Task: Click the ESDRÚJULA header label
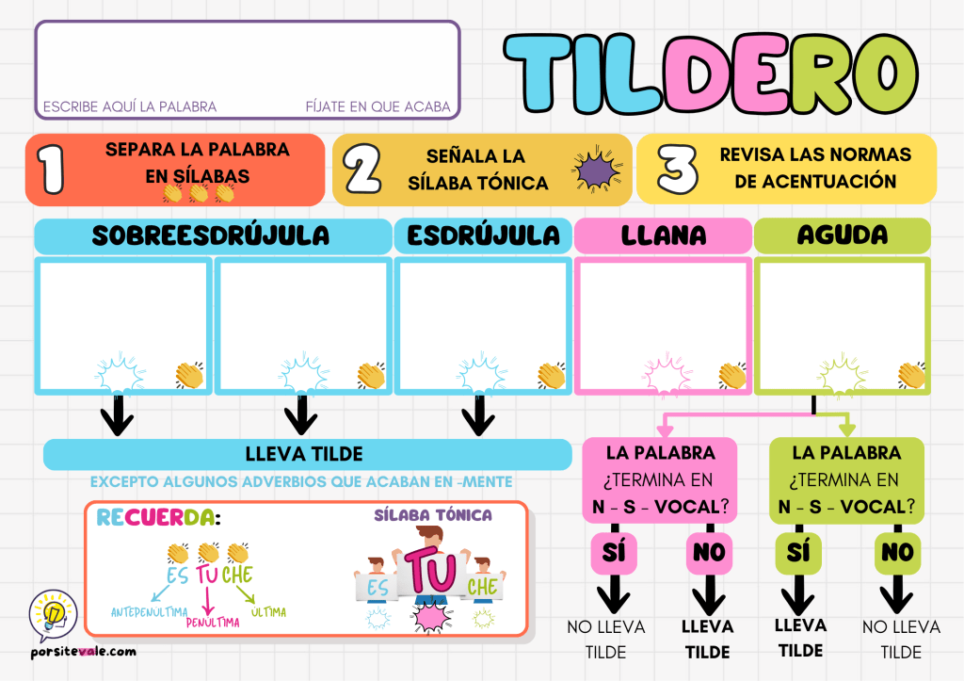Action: coord(483,235)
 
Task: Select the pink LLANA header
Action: coord(663,235)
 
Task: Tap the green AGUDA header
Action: coord(842,235)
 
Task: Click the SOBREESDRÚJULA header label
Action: coord(211,235)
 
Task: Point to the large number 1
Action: coord(51,170)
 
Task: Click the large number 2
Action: coord(361,170)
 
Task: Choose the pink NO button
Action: coord(708,553)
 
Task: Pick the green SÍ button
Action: coord(798,553)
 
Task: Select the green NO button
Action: coord(896,553)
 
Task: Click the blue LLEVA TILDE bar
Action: coord(307,454)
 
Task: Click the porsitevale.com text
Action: coord(82,651)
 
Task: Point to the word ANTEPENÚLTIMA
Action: coord(148,612)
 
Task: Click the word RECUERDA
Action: coord(156,517)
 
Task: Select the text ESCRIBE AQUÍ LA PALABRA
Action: coord(130,106)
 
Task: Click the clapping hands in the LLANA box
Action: coord(732,376)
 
